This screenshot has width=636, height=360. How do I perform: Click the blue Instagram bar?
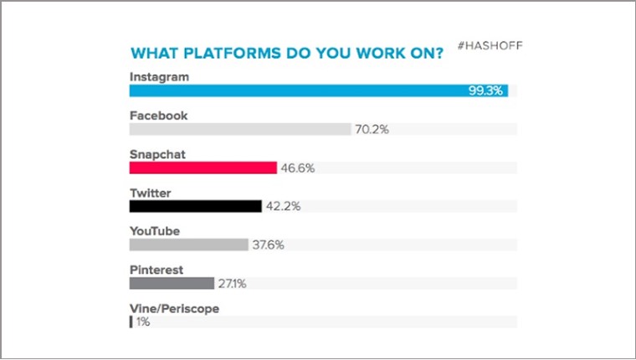pyautogui.click(x=319, y=90)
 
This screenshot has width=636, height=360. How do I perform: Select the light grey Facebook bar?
pyautogui.click(x=240, y=129)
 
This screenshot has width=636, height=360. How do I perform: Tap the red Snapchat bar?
pyautogui.click(x=203, y=167)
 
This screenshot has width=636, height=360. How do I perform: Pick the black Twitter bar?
pyautogui.click(x=196, y=206)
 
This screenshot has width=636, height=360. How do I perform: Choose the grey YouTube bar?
pyautogui.click(x=188, y=244)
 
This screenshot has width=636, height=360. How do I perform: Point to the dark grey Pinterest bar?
pyautogui.click(x=172, y=283)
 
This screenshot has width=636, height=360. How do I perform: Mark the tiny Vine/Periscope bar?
pyautogui.click(x=131, y=321)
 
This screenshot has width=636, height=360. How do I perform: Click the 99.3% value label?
pyautogui.click(x=485, y=90)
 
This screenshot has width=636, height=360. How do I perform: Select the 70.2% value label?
pyautogui.click(x=372, y=130)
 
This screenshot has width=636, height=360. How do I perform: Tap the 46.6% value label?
pyautogui.click(x=298, y=168)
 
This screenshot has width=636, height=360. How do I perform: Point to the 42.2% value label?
pyautogui.click(x=283, y=206)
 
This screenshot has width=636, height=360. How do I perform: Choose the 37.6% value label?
pyautogui.click(x=268, y=244)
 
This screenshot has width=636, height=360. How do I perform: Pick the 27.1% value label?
pyautogui.click(x=232, y=283)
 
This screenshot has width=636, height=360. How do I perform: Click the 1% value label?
pyautogui.click(x=143, y=321)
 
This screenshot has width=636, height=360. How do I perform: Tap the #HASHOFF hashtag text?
pyautogui.click(x=490, y=45)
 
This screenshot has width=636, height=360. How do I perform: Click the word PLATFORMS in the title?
pyautogui.click(x=232, y=54)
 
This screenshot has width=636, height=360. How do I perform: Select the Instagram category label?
pyautogui.click(x=159, y=77)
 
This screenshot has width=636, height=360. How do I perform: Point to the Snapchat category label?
pyautogui.click(x=157, y=154)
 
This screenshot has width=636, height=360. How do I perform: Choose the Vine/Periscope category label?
pyautogui.click(x=174, y=309)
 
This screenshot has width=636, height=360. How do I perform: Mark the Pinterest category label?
pyautogui.click(x=156, y=270)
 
